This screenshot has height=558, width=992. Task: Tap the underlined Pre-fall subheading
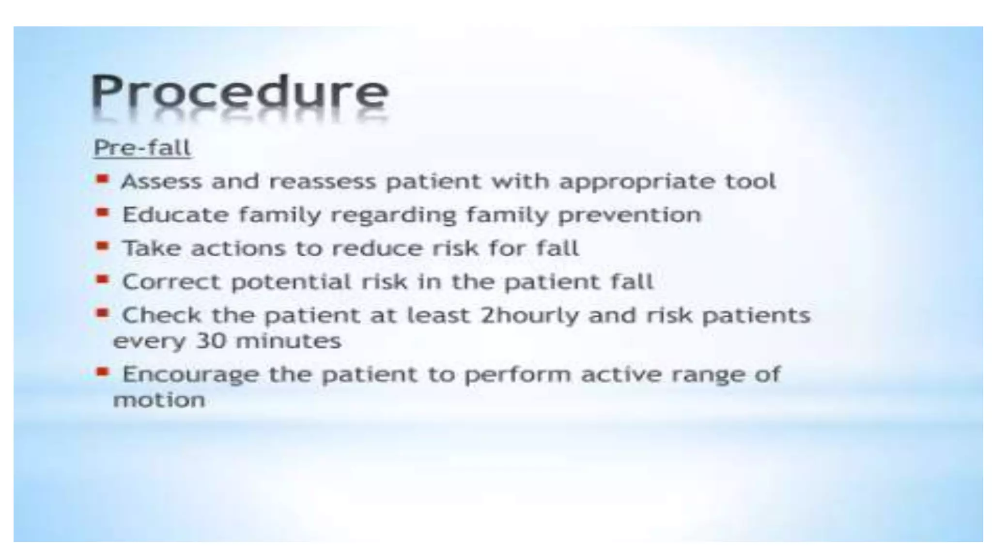(x=142, y=148)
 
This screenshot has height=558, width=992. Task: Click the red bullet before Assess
(x=102, y=180)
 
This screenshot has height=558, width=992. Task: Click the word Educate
(x=175, y=215)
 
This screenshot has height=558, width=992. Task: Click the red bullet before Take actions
(x=102, y=247)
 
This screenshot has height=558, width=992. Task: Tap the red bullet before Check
(x=102, y=313)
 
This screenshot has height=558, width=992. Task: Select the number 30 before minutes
(x=211, y=341)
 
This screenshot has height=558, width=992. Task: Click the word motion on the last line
(x=159, y=400)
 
